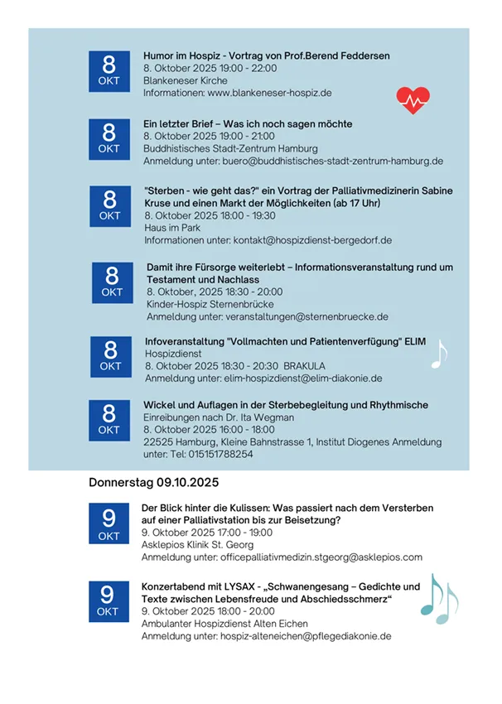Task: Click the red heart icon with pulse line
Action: [x=413, y=99]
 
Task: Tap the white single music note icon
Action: [x=438, y=354]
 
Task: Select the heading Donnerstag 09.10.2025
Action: [x=153, y=481]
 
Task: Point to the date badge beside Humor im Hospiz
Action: [x=109, y=70]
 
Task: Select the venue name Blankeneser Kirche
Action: [x=185, y=81]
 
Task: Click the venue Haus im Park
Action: [x=173, y=228]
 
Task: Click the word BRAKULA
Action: [x=307, y=365]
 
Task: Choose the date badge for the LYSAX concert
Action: [x=108, y=600]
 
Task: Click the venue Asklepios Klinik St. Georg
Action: [x=198, y=545]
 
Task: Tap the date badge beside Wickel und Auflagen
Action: [x=109, y=419]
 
